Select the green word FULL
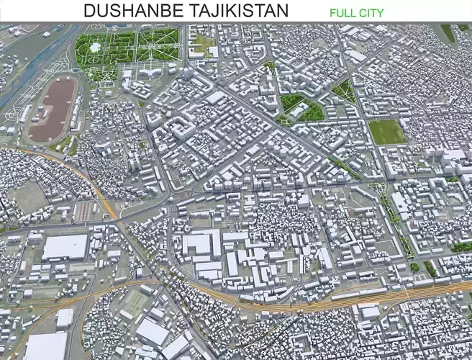point(342,12)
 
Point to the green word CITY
point(371,12)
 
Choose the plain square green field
point(386,131)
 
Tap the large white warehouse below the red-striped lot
point(65,247)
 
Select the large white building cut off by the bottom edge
point(45,346)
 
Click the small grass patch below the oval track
point(62,145)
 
